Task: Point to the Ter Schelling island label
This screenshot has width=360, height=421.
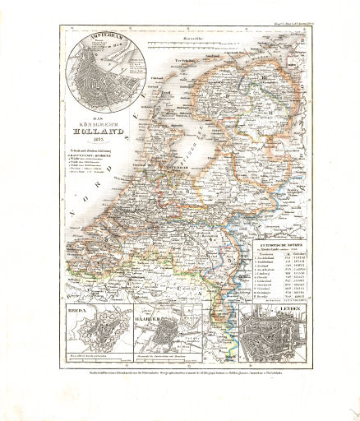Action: coord(191,60)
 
